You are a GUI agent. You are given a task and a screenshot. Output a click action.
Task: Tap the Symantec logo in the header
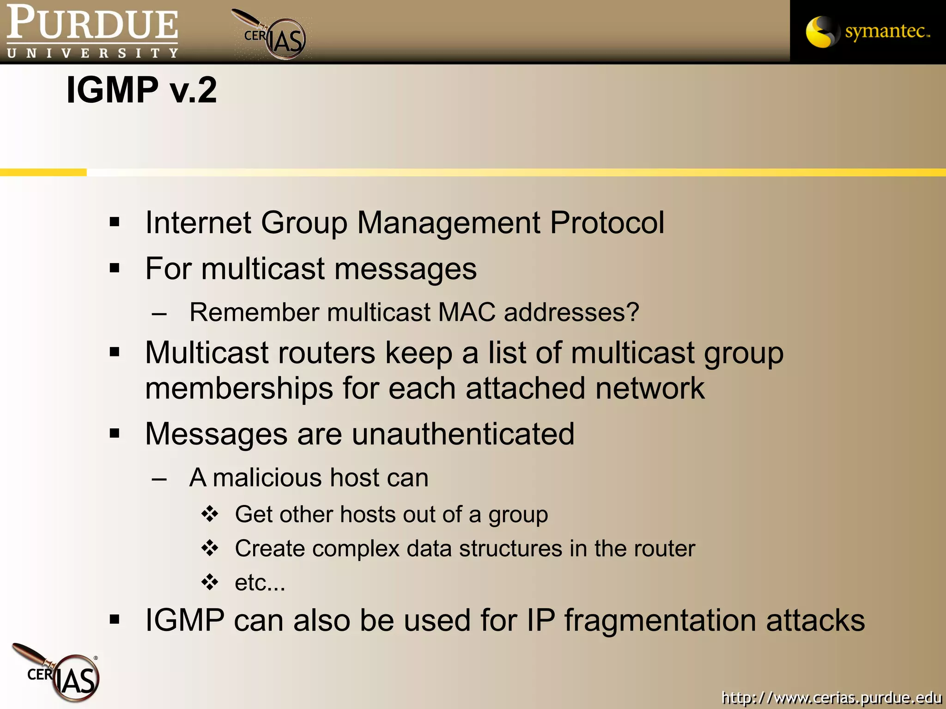pos(867,31)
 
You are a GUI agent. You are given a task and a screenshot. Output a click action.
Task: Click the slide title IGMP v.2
pos(141,90)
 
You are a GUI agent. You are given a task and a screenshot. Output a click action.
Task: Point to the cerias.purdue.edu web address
pos(831,697)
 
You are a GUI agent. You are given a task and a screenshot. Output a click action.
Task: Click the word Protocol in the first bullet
pos(607,223)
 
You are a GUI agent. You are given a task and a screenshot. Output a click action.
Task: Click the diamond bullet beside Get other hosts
pos(210,514)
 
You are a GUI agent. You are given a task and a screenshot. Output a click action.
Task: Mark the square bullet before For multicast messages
pos(115,268)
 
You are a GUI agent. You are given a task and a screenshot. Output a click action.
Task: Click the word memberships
pos(239,388)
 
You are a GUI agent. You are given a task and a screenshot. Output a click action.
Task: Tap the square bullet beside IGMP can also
pos(115,619)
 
